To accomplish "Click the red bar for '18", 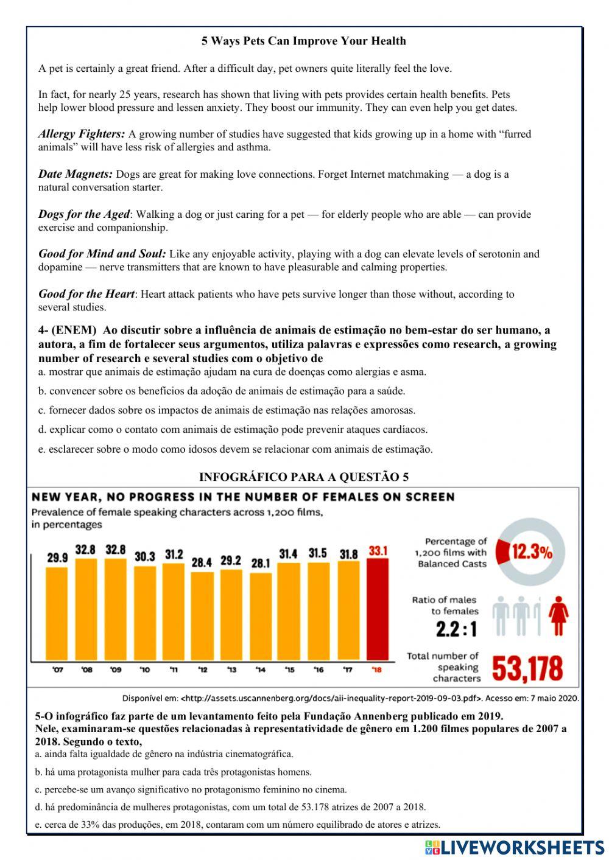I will tap(377, 609).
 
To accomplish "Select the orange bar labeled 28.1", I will tap(261, 616).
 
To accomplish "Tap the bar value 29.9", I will tap(57, 557).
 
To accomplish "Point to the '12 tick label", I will tap(203, 670).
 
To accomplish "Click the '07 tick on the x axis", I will tap(57, 670).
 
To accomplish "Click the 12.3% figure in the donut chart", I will tap(532, 552).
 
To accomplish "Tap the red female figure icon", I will tap(558, 615).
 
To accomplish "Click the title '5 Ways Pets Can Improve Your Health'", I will tap(303, 41).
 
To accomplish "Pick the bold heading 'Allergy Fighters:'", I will tap(82, 134).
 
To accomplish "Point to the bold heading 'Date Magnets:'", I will tap(76, 174).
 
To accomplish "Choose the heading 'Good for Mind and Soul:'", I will tap(102, 254).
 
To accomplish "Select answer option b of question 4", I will tap(222, 391).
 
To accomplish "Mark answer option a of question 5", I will tap(164, 754).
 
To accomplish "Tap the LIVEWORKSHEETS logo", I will tap(515, 847).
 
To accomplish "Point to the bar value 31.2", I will tap(174, 554).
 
